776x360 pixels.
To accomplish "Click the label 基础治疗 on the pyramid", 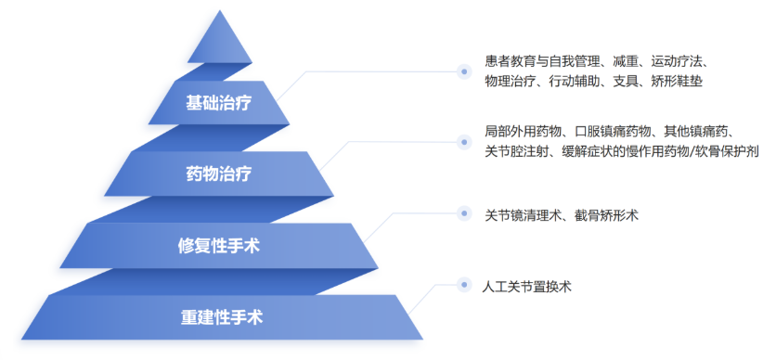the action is pyautogui.click(x=219, y=104).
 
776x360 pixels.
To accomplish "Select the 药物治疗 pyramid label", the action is pyautogui.click(x=219, y=174).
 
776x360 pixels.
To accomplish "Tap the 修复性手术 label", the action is pyautogui.click(x=219, y=246).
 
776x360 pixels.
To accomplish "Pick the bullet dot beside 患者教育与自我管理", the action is pyautogui.click(x=464, y=71).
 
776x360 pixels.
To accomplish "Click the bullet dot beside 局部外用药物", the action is pyautogui.click(x=464, y=142).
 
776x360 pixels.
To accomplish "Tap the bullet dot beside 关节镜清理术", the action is pyautogui.click(x=464, y=213).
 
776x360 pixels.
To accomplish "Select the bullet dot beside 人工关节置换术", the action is pyautogui.click(x=464, y=285).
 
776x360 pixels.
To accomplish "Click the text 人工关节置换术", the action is pyautogui.click(x=526, y=287).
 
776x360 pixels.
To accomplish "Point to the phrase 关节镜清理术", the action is pyautogui.click(x=524, y=215).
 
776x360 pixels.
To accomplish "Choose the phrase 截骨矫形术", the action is pyautogui.click(x=606, y=215).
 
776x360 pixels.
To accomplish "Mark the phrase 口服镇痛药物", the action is pyautogui.click(x=613, y=132).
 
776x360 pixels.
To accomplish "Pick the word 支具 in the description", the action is pyautogui.click(x=625, y=82).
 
